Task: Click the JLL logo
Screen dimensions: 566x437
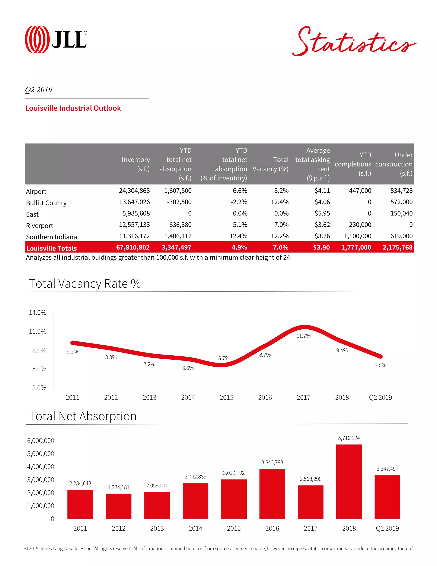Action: (56, 39)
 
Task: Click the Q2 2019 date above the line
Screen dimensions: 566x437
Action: (39, 90)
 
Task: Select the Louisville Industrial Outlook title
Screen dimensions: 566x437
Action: (73, 108)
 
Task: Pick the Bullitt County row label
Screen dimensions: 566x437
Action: (46, 203)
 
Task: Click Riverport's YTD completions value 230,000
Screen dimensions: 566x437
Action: (360, 225)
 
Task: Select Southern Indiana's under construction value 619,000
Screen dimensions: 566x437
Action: (401, 236)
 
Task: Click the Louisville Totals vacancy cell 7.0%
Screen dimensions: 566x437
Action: (281, 247)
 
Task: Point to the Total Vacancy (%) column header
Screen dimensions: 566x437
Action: (270, 164)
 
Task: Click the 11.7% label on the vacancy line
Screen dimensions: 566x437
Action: (303, 336)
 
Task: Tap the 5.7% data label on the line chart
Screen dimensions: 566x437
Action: (224, 358)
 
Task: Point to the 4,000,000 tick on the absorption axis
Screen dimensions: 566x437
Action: (41, 467)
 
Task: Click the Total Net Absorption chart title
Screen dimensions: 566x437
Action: (83, 416)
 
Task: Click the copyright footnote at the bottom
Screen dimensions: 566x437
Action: (218, 549)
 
